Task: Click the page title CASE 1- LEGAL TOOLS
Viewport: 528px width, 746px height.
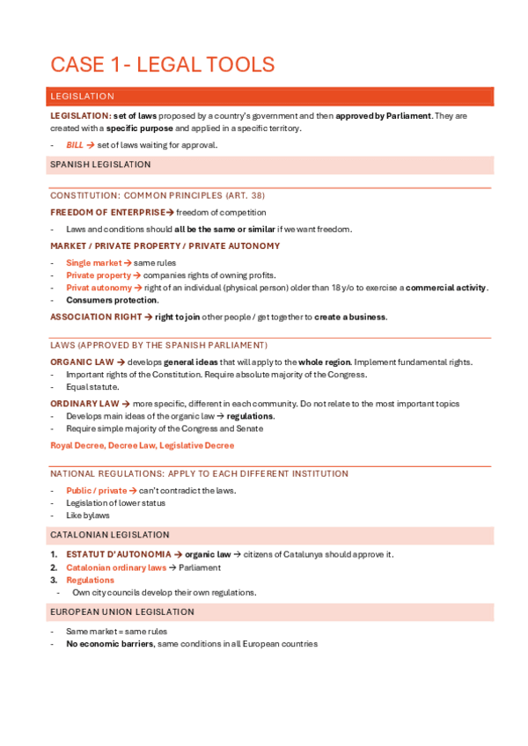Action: [163, 64]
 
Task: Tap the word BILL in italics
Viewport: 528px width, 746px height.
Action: [75, 145]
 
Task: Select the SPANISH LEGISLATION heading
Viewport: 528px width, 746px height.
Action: [100, 165]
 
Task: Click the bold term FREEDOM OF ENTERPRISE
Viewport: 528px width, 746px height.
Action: [106, 212]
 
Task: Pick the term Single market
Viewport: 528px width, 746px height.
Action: [93, 262]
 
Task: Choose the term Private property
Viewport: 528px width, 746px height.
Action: [98, 274]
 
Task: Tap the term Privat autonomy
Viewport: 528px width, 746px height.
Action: [99, 288]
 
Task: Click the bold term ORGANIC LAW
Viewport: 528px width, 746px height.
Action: [82, 362]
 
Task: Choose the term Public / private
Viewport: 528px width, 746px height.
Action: [96, 490]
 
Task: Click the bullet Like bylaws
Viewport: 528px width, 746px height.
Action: [88, 515]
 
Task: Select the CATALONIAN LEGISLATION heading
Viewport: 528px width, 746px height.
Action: [110, 535]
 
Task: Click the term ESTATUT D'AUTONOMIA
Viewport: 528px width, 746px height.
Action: [118, 554]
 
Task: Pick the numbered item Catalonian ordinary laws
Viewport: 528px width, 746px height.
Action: [115, 567]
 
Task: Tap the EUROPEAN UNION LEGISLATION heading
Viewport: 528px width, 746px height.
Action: [122, 611]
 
